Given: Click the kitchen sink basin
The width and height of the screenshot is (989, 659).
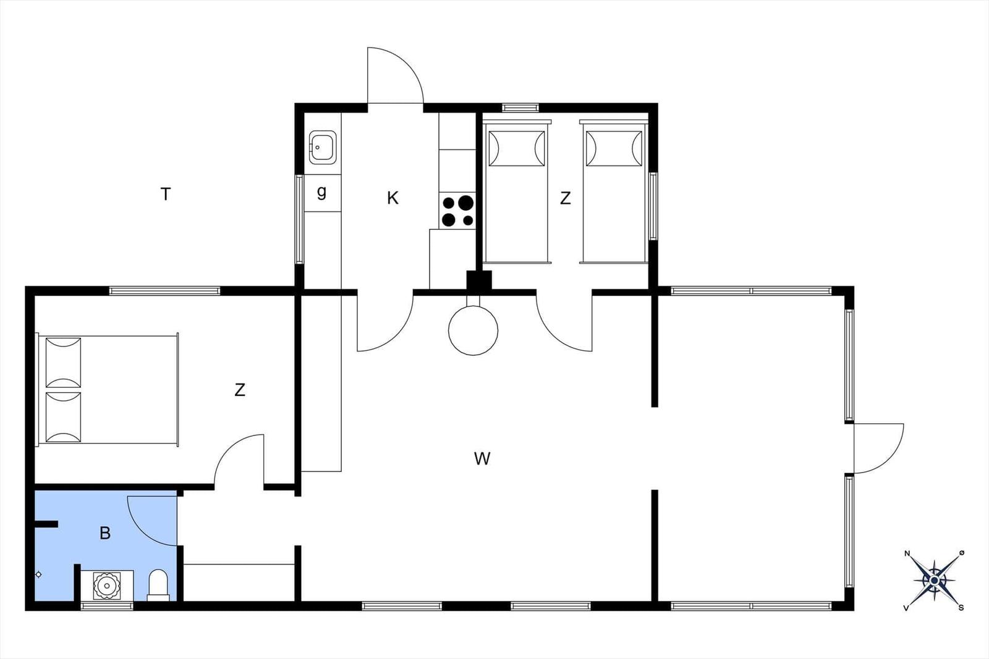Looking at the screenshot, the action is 322,148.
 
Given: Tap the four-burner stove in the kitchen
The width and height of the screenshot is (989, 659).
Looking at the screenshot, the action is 457,211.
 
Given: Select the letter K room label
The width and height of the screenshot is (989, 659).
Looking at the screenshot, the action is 393,198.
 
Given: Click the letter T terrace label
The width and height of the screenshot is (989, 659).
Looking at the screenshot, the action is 166,194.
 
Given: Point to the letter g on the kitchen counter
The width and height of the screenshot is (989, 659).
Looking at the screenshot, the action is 322,192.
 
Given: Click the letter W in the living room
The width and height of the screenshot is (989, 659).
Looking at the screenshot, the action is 482,459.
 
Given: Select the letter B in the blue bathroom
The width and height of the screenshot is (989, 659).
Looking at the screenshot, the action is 105,533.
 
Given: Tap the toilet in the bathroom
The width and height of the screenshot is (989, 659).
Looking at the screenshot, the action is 158,586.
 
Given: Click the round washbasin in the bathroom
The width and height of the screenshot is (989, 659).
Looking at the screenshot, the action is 106,586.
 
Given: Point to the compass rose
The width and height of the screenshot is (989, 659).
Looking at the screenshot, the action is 934,581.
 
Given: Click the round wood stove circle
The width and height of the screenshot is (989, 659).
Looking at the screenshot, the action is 473,330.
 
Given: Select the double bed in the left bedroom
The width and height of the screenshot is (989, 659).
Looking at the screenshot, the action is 108,390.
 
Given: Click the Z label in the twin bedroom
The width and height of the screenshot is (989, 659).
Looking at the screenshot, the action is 565,198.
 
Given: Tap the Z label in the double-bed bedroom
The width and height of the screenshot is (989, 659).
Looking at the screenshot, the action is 240,390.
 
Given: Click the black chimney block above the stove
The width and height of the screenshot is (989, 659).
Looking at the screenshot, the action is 479,280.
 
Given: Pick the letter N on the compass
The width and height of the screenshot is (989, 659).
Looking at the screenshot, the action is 907,553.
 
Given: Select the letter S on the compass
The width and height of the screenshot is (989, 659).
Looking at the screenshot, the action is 961,608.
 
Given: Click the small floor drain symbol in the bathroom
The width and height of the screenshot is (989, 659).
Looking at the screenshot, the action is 38,574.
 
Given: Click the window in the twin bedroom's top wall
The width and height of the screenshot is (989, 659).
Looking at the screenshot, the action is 520,107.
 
